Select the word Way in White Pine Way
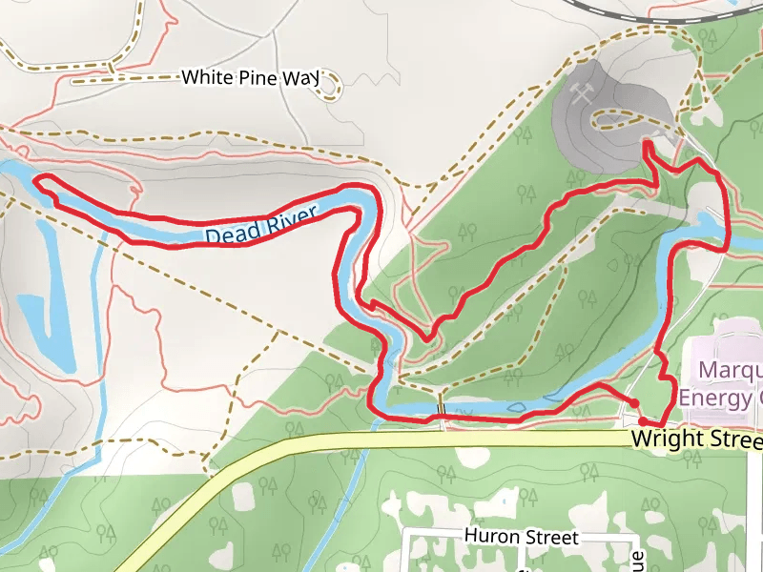coord(298,78)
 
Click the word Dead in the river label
coord(225,233)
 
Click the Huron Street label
coord(521,537)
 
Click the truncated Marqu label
coord(730,369)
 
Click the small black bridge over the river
coord(441,409)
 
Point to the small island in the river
coord(518,407)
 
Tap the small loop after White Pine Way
coord(331,88)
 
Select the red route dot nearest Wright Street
coord(642,421)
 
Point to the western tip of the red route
coord(36,179)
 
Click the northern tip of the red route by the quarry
coord(647,143)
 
